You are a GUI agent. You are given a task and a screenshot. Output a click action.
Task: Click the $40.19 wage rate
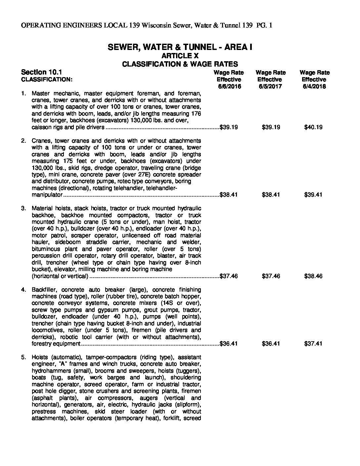313,127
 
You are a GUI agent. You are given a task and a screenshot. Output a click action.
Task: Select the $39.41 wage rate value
313,195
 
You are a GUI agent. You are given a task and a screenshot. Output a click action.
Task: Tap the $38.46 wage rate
313,276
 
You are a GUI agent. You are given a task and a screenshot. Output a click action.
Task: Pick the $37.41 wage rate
313,344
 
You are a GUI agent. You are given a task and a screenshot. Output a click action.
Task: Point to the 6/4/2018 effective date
314,86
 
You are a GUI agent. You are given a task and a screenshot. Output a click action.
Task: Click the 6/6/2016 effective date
229,86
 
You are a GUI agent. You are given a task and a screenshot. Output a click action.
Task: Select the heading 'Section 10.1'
41,72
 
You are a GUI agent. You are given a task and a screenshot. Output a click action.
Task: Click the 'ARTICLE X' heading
180,56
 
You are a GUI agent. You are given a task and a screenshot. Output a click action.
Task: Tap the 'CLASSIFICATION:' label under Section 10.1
46,79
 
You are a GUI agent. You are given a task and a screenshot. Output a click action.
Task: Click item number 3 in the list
23,208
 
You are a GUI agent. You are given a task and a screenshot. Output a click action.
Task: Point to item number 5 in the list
23,357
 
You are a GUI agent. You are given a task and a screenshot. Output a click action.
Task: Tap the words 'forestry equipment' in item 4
56,344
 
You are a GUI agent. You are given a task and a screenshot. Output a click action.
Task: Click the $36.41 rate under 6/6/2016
229,344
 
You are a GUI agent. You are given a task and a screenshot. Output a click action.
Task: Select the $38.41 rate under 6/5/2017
271,195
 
